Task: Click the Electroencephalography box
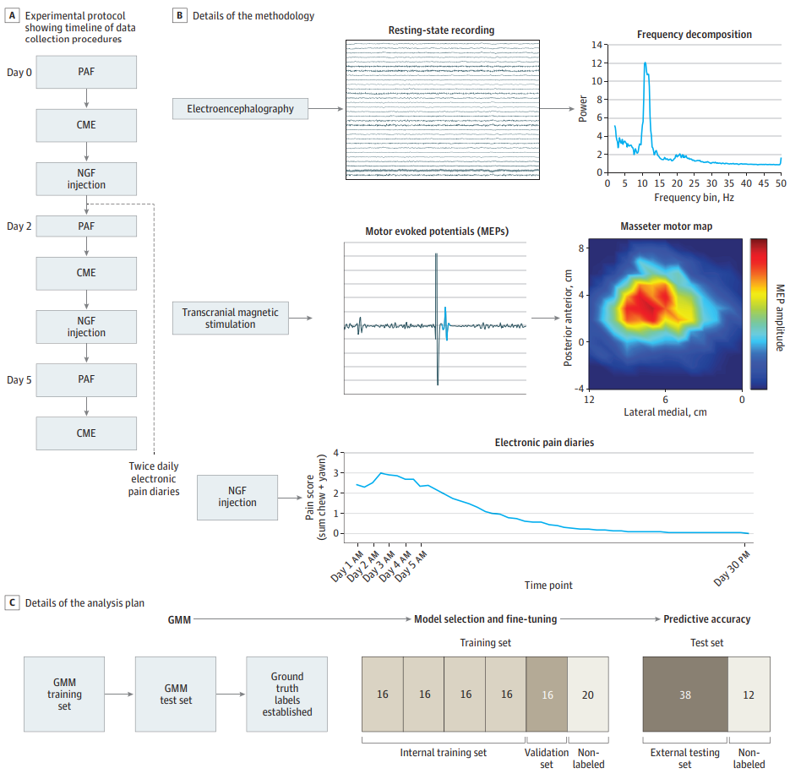coord(240,109)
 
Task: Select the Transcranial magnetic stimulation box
coord(231,319)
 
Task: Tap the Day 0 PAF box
coord(86,72)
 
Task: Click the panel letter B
coord(179,15)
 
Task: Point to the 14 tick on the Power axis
coord(597,45)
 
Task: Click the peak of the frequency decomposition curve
coord(645,63)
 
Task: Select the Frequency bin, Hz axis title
coord(694,198)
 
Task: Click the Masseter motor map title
coord(666,226)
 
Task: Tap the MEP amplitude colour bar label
coord(780,318)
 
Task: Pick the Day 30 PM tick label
coord(733,568)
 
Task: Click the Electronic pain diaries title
coord(544,443)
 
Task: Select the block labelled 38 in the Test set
coord(685,695)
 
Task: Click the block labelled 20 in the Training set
coord(588,695)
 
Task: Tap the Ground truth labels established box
coord(286,695)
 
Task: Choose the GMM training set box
coord(64,695)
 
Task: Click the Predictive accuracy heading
coord(707,619)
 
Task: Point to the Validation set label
coord(547,759)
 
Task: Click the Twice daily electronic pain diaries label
coord(154,479)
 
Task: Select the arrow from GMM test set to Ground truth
coord(231,695)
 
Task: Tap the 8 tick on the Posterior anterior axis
coord(581,248)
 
